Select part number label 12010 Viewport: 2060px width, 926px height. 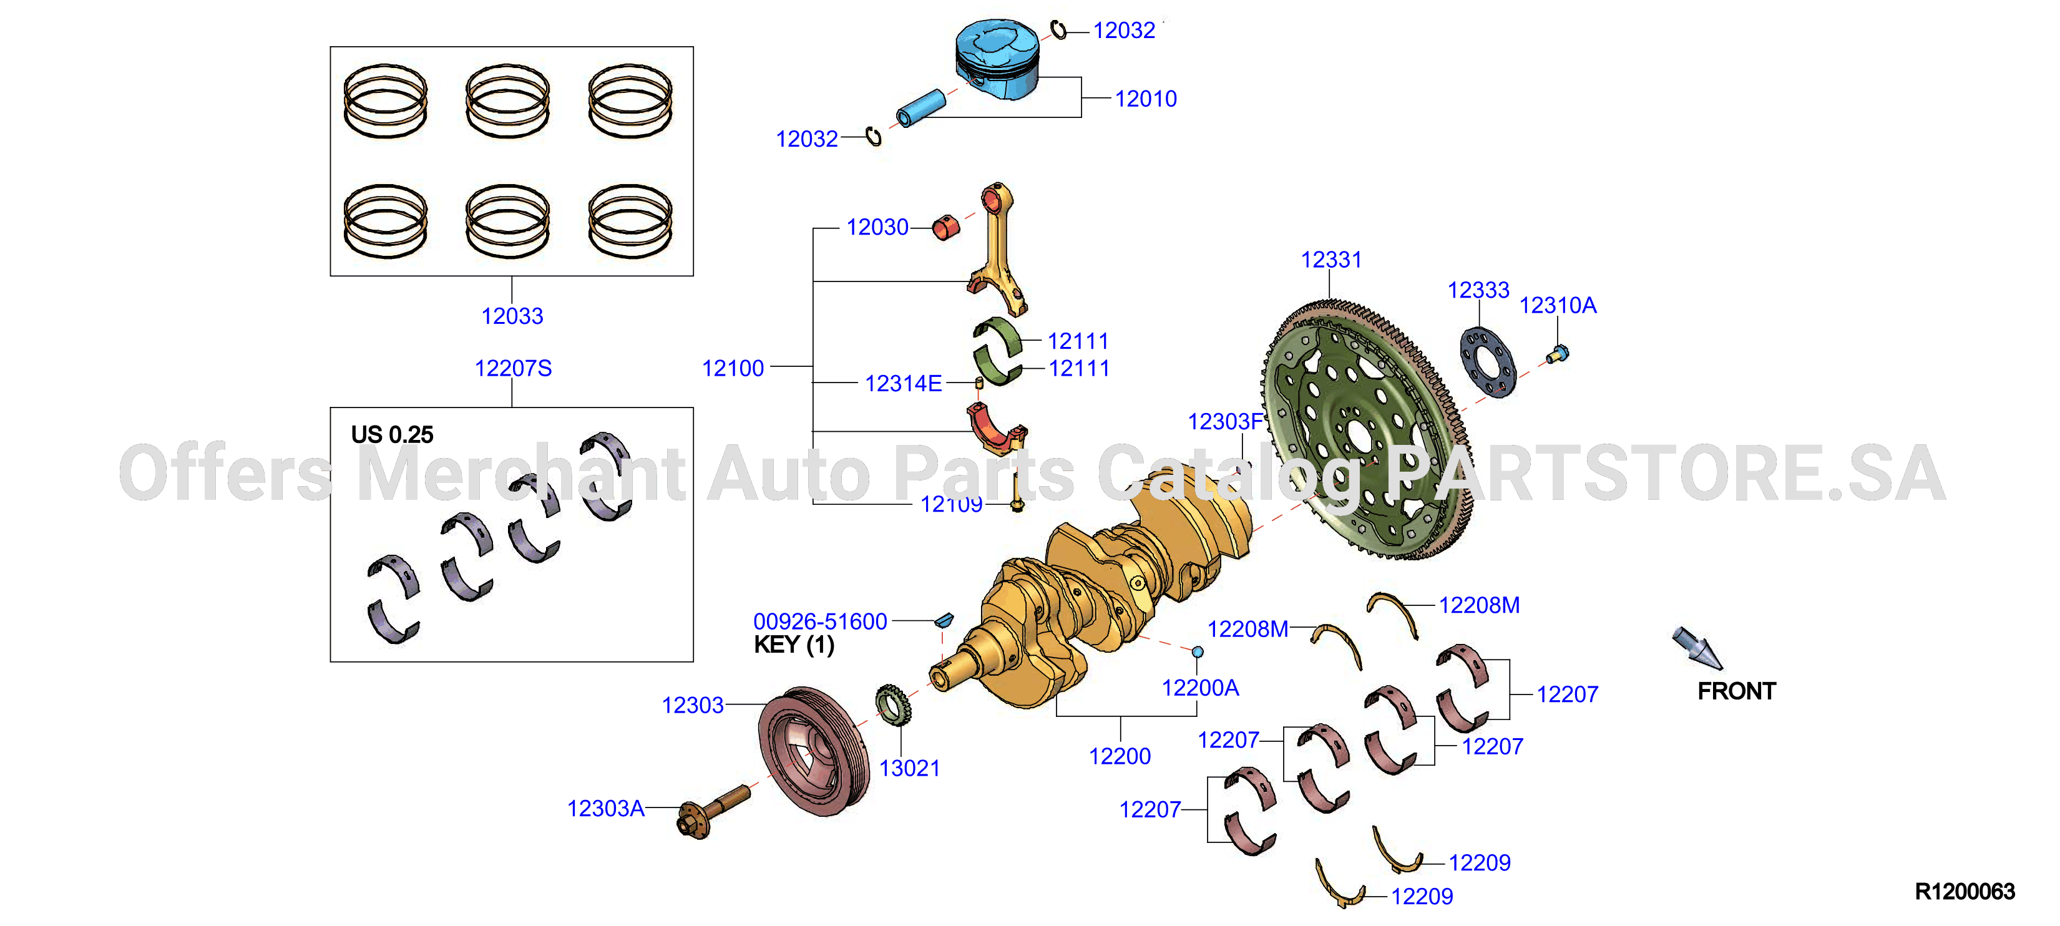1145,99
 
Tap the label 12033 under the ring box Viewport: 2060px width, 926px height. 512,316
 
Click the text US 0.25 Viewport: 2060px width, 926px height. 392,435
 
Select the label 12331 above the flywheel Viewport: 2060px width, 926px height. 1330,260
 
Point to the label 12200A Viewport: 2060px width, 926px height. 1199,688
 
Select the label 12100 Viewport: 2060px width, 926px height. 733,369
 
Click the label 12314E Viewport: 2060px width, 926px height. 903,384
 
